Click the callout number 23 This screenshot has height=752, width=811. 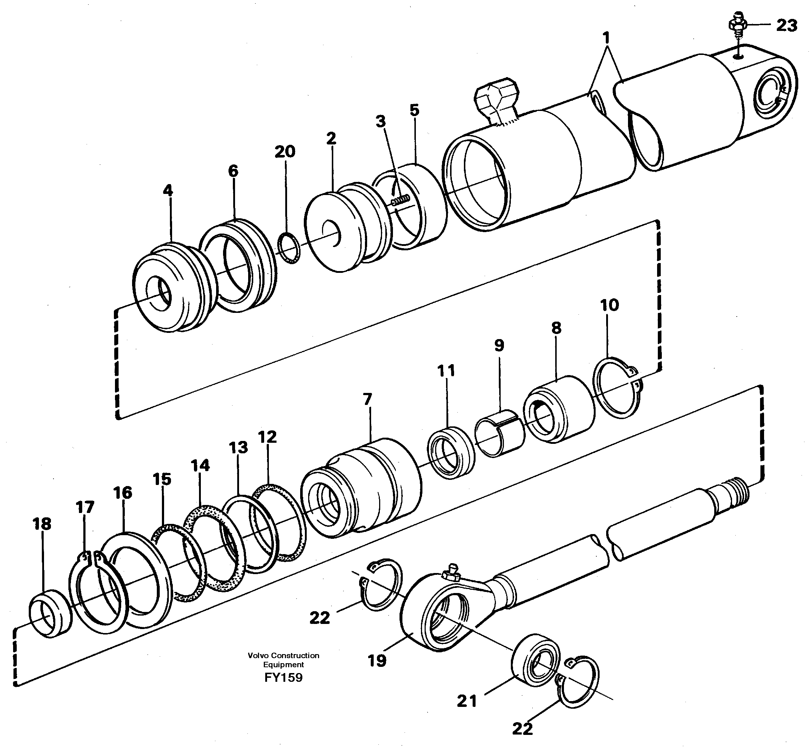786,25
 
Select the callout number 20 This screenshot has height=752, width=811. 285,152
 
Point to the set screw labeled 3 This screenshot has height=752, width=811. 401,200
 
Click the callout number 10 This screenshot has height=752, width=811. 609,305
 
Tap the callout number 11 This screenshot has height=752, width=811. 446,371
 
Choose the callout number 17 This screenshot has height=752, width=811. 85,507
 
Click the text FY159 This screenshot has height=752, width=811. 283,678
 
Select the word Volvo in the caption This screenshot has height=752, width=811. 258,656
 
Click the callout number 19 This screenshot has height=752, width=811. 377,660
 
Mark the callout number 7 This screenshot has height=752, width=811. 367,399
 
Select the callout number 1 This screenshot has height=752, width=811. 606,38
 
